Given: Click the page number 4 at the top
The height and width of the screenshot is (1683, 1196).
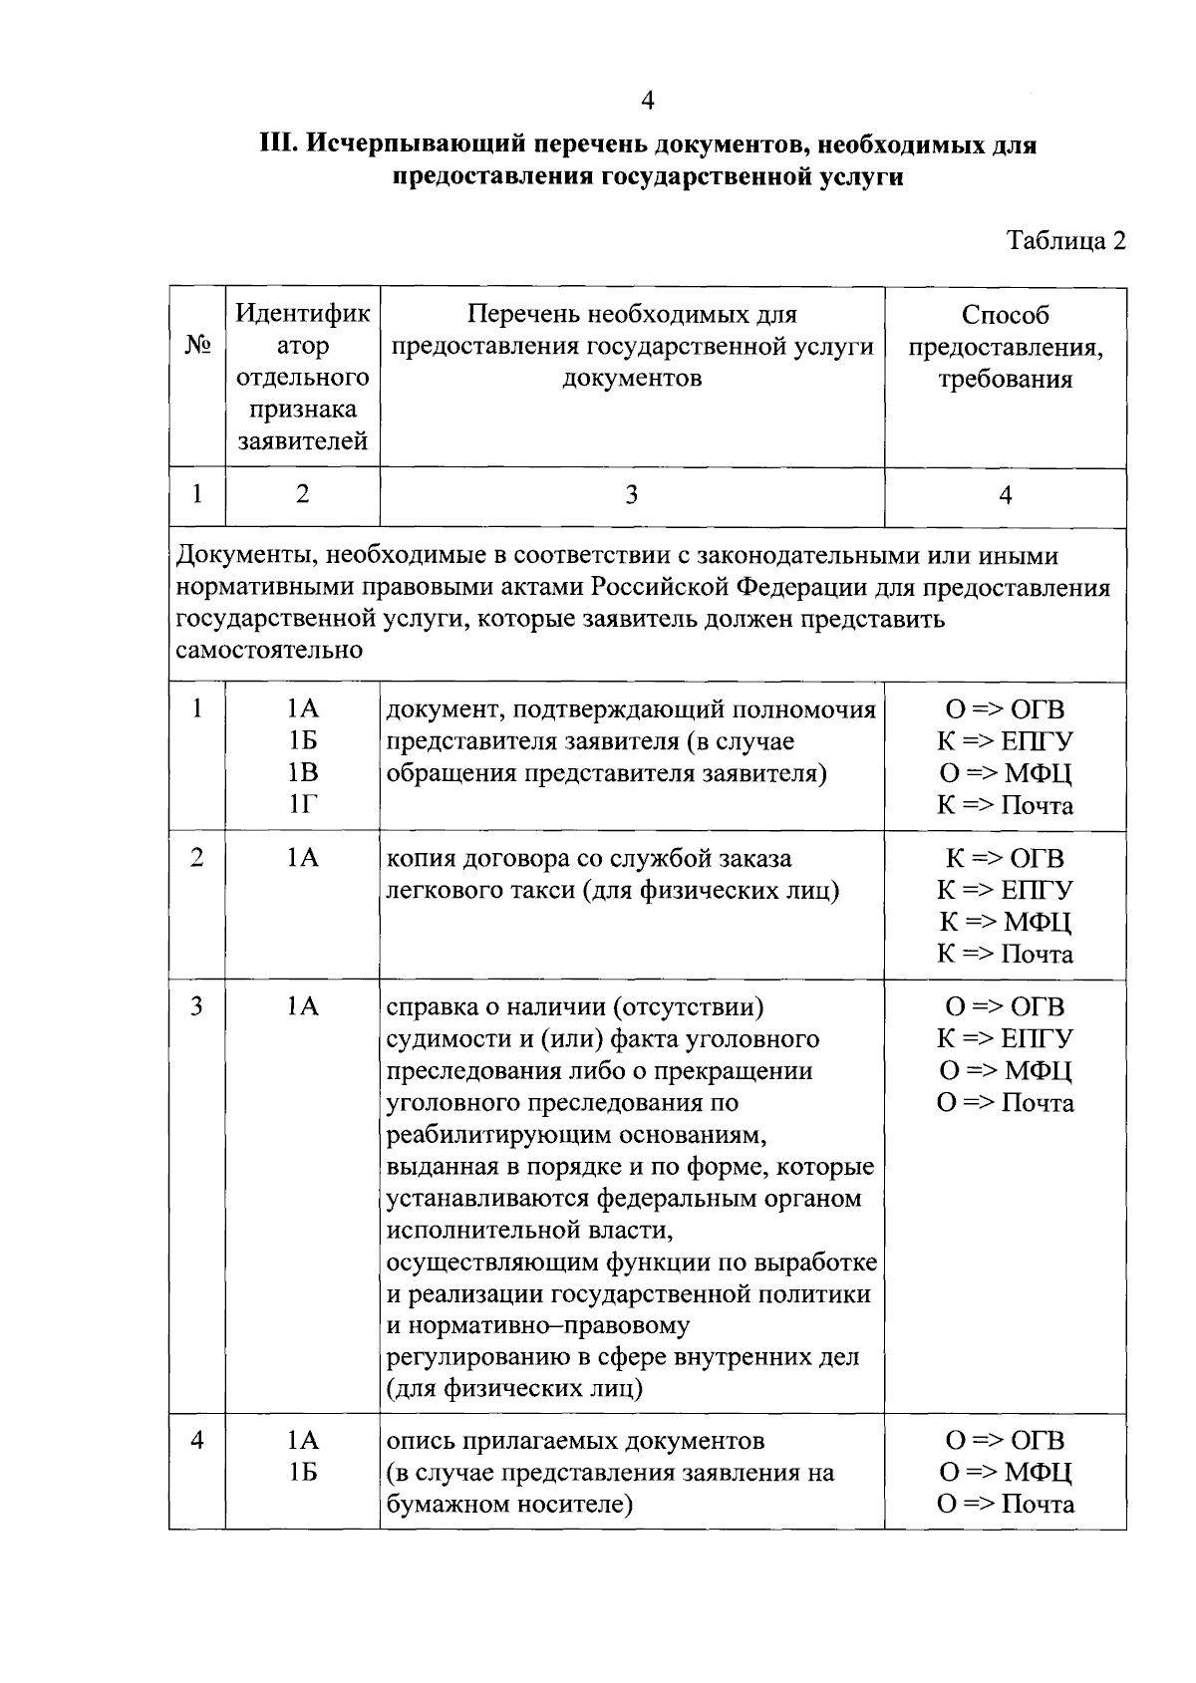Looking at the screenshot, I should coord(648,101).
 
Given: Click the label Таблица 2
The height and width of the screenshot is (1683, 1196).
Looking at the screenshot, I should coord(1065,241).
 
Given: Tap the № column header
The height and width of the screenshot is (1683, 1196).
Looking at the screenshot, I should coord(197,346).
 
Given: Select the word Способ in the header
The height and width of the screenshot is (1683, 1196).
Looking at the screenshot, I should coord(1005,315).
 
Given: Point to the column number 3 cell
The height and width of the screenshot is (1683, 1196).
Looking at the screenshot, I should coord(631,495).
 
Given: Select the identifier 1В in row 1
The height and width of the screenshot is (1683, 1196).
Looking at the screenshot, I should coord(302,773).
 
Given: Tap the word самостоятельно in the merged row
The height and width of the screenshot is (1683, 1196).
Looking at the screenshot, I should coord(269,651).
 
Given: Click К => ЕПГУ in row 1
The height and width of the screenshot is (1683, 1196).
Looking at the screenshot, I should coord(1005,741).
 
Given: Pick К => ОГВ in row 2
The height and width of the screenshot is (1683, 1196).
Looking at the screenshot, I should coord(1005,858).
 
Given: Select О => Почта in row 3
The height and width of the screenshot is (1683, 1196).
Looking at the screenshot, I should coord(1005,1102).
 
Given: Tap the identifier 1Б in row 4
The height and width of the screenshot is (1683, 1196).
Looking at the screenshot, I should coord(302,1472).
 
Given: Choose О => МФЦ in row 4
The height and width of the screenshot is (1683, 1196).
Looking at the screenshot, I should coord(1005,1472).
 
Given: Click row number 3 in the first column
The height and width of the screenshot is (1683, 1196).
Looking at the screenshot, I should coord(197,1006).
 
